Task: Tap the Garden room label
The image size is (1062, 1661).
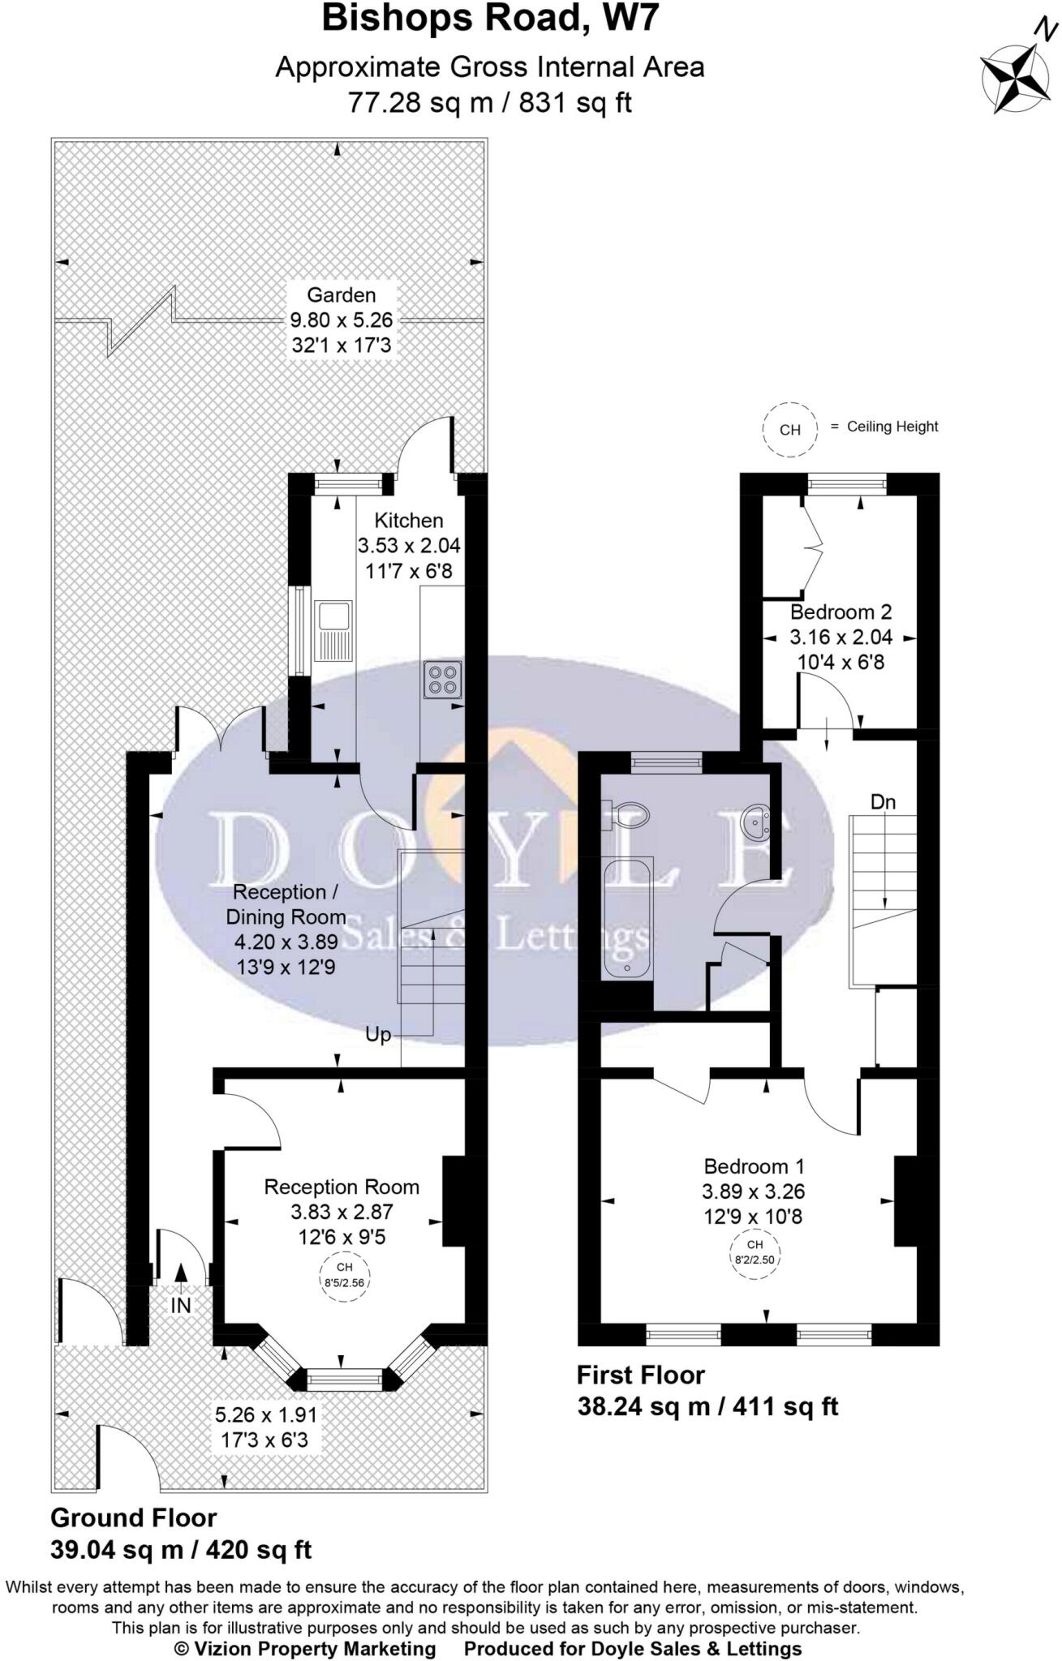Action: pos(341,295)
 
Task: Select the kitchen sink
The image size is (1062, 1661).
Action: pos(333,632)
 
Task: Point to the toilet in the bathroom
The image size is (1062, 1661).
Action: pos(628,814)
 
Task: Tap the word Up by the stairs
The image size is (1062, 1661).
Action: pos(378,1035)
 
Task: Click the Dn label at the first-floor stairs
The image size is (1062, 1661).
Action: pos(883,802)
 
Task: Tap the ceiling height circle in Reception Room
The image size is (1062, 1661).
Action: pos(344,1277)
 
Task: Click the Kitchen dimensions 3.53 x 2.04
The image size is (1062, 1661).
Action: pos(409,546)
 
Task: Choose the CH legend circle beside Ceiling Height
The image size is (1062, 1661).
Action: pos(789,430)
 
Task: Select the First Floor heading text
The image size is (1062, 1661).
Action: pos(640,1375)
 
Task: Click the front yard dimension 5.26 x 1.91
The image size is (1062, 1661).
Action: pos(265,1415)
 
